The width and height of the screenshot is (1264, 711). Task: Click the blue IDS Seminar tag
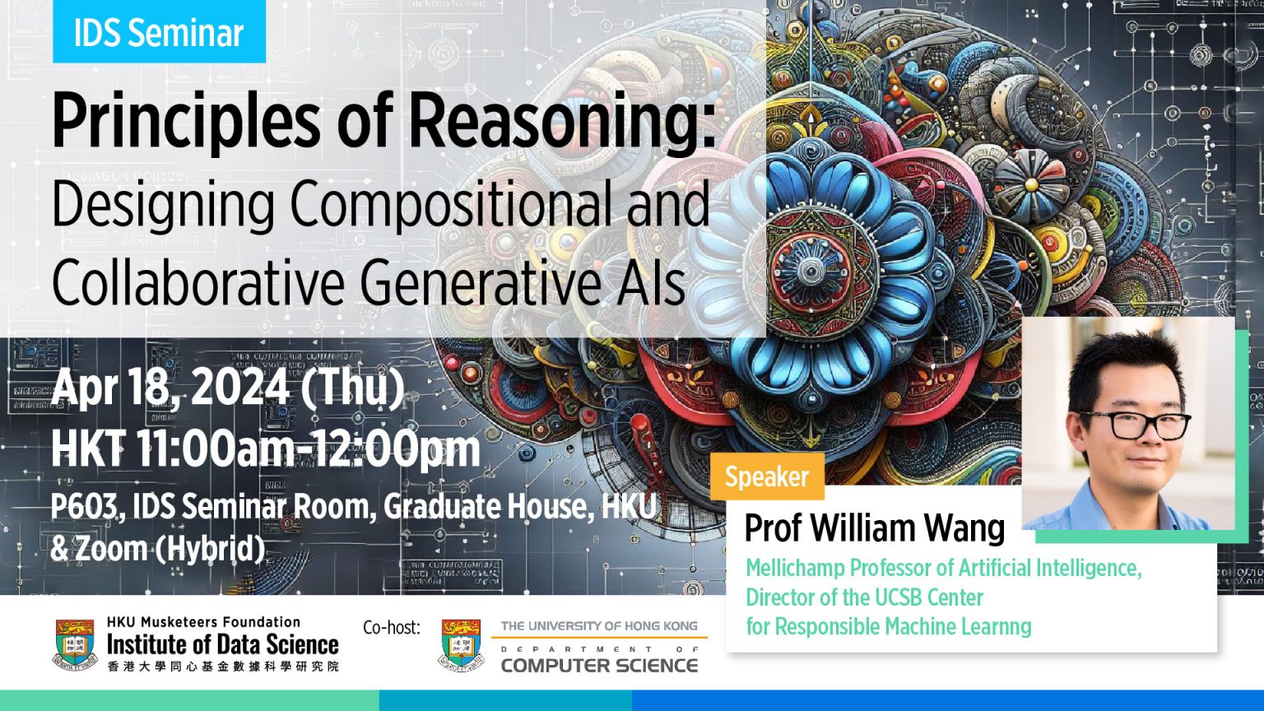coord(159,32)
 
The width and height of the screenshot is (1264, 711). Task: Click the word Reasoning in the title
coord(561,121)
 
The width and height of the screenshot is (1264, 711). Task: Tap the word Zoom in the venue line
coord(111,549)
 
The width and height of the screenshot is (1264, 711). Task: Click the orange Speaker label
coord(766,476)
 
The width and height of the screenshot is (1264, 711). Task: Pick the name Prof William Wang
coord(874,528)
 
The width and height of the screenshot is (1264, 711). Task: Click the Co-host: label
coord(391,628)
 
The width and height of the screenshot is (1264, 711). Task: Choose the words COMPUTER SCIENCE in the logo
coord(599,665)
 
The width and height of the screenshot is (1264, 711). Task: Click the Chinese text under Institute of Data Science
coord(222,666)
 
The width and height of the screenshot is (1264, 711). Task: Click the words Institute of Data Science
coord(222,644)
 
